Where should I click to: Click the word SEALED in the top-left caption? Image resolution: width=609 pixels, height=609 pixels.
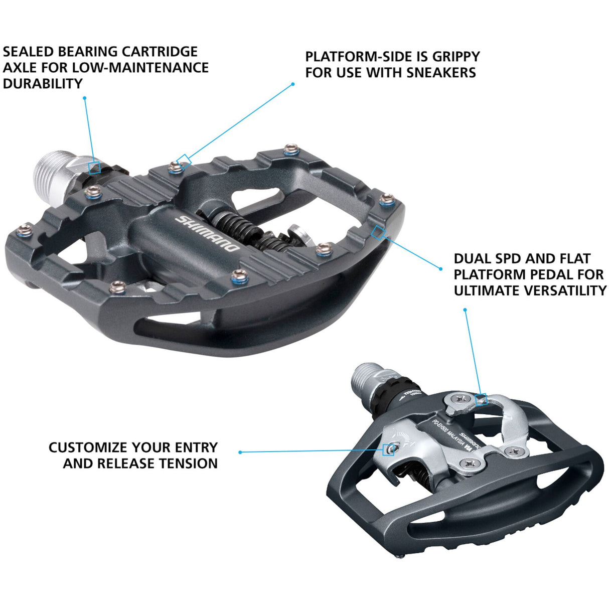(29, 52)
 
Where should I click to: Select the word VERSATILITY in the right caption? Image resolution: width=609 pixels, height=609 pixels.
(565, 290)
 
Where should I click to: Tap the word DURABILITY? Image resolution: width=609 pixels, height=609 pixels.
(43, 84)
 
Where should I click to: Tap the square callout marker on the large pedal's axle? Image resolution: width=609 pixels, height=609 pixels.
(94, 168)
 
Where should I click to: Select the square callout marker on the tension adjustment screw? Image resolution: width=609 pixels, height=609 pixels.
(388, 450)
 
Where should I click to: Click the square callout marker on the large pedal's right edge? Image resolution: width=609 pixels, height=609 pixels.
(377, 232)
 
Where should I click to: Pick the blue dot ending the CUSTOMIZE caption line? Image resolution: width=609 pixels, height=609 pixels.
(240, 452)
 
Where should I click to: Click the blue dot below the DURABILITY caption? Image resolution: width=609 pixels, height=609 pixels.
(84, 98)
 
